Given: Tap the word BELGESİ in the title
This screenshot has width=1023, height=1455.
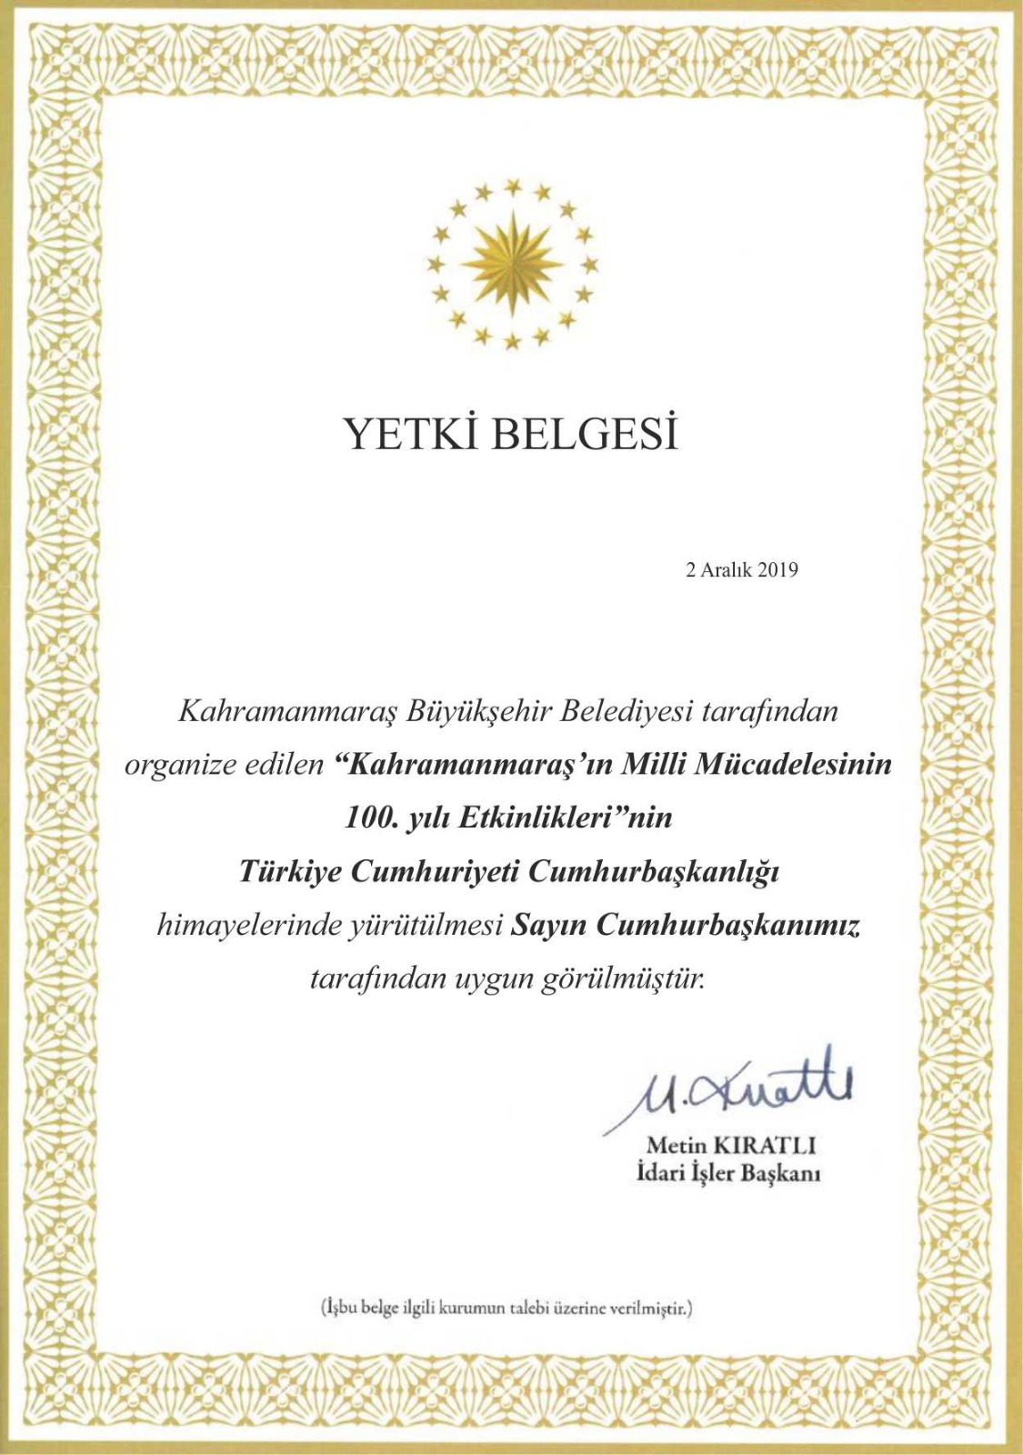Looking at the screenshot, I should (x=586, y=435).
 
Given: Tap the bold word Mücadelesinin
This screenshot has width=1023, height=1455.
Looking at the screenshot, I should (x=792, y=764).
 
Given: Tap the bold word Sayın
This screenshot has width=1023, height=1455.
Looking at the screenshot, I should (x=548, y=926).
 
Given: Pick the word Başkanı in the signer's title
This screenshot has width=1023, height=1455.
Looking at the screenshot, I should (x=781, y=1174).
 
